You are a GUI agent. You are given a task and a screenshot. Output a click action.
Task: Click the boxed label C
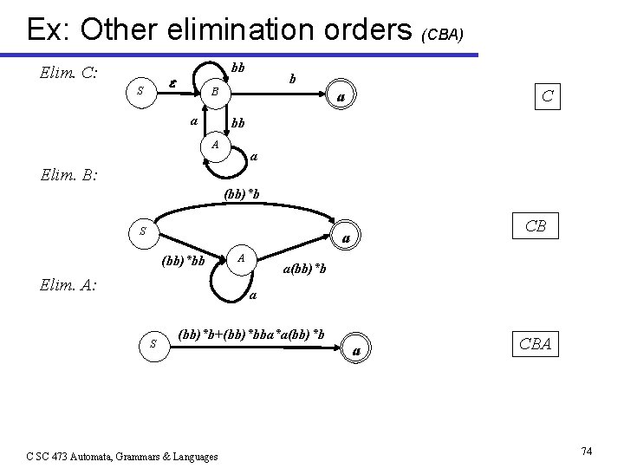pos(548,95)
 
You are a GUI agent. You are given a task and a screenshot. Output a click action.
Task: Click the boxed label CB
pos(535,226)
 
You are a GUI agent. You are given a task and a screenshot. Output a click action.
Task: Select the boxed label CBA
pos(535,343)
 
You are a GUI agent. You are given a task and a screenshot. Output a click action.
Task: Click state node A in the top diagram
pos(214,144)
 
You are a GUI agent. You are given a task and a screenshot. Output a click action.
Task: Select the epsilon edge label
pos(173,83)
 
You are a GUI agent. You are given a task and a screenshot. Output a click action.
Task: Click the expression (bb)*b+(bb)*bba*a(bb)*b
pos(251,334)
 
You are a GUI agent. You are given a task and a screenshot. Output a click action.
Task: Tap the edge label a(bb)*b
pos(305,269)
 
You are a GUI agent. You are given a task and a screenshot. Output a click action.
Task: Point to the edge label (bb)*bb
pos(184,261)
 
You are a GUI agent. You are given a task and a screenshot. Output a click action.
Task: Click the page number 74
pos(586,451)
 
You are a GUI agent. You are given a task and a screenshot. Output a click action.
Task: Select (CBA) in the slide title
pos(443,35)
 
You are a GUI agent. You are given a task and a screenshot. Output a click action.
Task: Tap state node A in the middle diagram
pos(242,258)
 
